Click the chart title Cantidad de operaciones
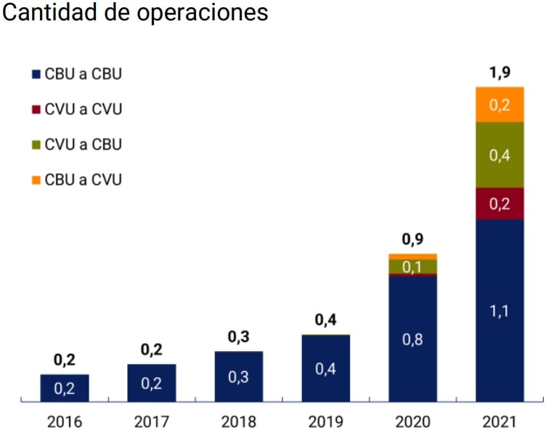pos(136,13)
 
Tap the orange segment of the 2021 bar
pos(500,105)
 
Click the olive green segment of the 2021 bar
pos(500,155)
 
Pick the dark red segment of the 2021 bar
pos(500,204)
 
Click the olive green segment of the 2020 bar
pos(412,266)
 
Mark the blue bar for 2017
pos(152,382)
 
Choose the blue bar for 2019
pos(326,368)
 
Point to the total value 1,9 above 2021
pos(500,74)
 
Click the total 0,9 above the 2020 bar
pos(412,241)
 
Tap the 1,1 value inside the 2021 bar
pos(500,311)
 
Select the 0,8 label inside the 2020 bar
pos(412,339)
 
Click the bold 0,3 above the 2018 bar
pos(239,337)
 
